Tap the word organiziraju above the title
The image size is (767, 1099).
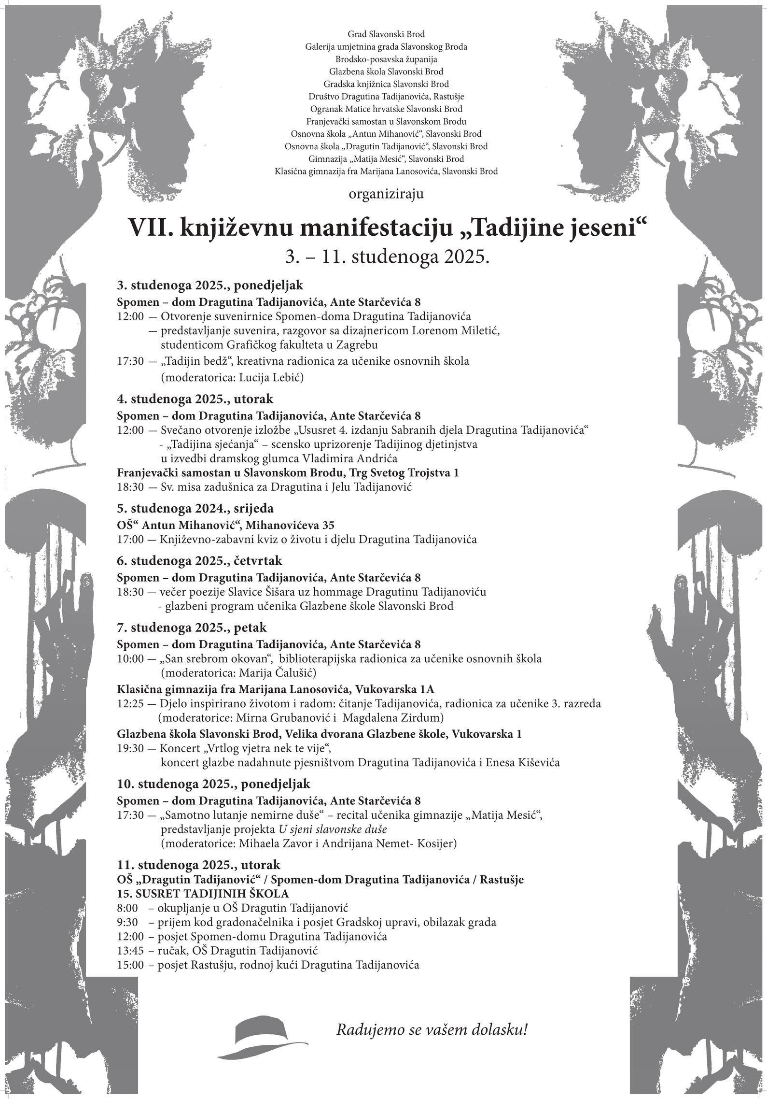(386, 194)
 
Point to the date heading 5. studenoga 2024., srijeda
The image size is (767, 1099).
(195, 508)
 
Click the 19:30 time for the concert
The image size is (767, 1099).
(130, 749)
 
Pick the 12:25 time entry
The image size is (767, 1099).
(130, 703)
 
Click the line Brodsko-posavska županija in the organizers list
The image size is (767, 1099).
(386, 59)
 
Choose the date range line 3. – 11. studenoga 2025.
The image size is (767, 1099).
(387, 257)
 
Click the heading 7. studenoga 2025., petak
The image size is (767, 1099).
(192, 628)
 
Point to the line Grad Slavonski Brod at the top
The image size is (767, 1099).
(386, 34)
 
